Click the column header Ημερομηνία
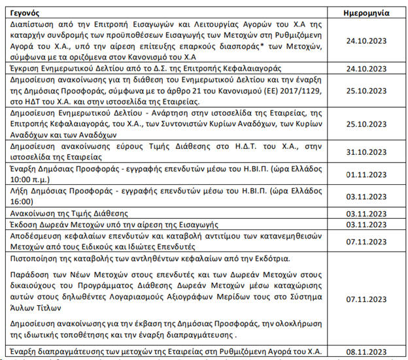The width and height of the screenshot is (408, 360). click(367, 12)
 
